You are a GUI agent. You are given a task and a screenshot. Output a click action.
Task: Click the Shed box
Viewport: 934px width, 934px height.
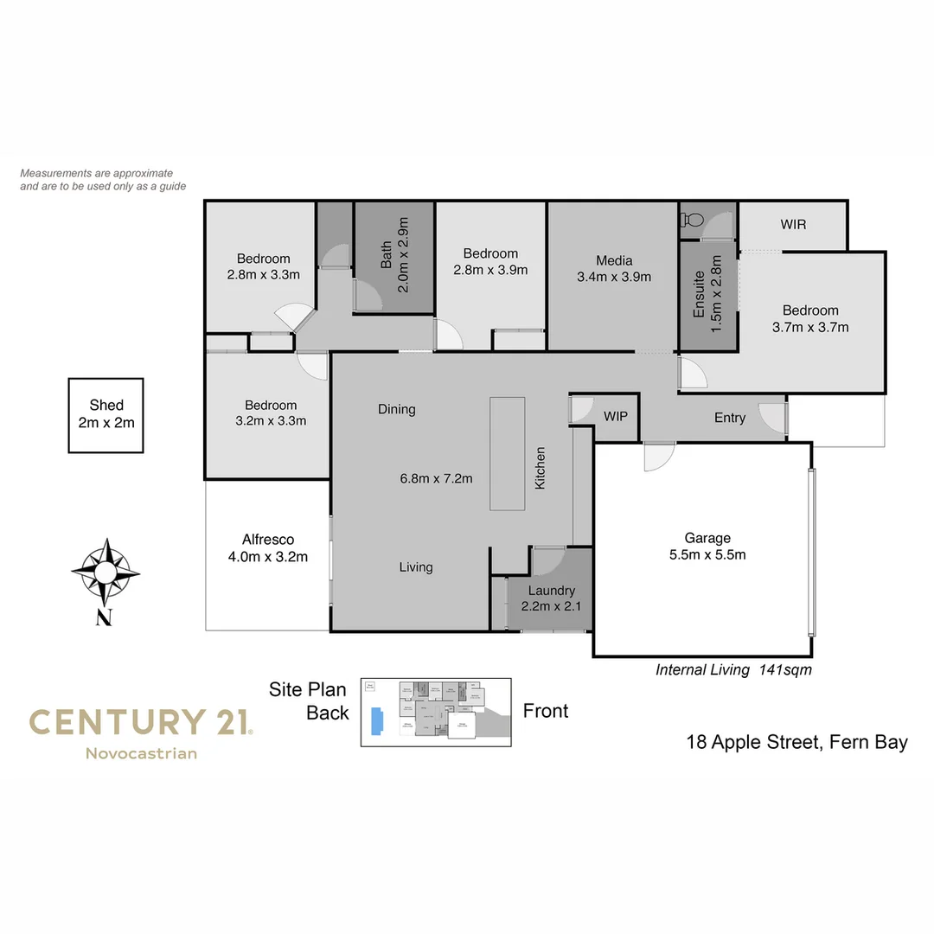(106, 415)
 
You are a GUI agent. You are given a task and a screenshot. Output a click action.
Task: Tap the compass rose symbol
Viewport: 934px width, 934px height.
(105, 572)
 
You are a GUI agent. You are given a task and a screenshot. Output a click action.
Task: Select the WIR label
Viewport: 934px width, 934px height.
(793, 225)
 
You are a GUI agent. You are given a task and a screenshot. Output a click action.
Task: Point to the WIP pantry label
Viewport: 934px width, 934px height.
(616, 416)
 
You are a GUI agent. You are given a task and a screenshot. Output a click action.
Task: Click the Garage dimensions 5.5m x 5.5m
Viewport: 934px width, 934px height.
(707, 554)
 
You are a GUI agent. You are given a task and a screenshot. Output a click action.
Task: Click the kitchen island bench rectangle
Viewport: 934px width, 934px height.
(507, 453)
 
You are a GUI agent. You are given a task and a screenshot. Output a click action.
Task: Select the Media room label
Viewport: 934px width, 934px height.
(614, 260)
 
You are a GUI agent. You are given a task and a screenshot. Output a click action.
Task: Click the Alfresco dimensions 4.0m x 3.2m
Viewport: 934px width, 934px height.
(268, 556)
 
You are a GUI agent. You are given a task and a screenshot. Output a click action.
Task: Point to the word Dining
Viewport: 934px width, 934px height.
(397, 409)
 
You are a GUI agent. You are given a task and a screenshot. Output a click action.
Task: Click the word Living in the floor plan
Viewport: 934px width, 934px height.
(416, 567)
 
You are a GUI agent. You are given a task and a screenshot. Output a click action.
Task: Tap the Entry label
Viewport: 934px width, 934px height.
(730, 418)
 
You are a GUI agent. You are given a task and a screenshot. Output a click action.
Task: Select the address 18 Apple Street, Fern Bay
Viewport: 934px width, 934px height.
(796, 742)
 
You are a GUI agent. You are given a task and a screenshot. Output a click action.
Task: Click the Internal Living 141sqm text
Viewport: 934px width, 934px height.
(733, 669)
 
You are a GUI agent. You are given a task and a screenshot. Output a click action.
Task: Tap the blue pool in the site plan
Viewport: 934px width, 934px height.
(375, 721)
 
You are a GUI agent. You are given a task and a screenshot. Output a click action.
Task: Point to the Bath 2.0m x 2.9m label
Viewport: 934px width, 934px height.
(394, 256)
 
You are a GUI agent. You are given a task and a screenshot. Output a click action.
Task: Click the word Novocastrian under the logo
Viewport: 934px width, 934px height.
(141, 753)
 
